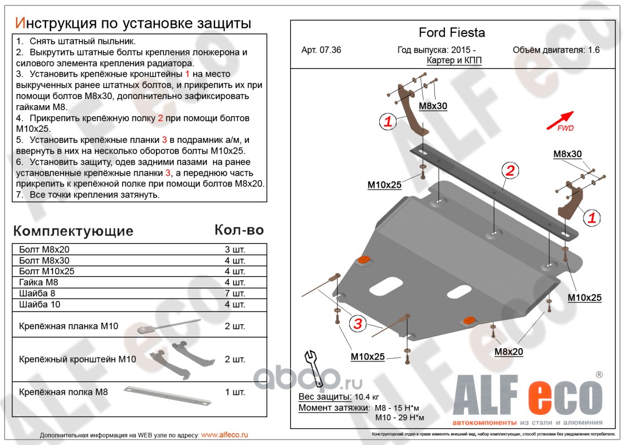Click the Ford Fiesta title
pos(452,33)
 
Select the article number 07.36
pos(321,50)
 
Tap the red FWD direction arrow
pos(563,118)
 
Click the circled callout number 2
pos(510,171)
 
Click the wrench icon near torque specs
pos(314,368)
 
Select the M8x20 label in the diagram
pos(508,352)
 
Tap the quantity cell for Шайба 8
pos(234,294)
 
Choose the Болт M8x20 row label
pos(45,249)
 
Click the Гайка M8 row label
pos(39,283)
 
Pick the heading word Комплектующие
pos(73,231)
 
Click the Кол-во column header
pos(239,230)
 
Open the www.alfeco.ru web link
pos(224,435)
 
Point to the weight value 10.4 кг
pos(367,397)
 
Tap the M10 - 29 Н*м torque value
pos(399,418)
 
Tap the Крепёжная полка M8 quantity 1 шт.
pos(234,392)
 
